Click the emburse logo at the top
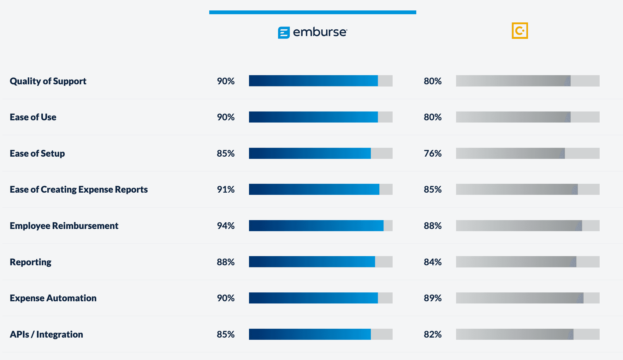tap(312, 32)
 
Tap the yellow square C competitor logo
tap(519, 31)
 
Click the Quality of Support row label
tap(48, 81)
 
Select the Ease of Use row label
tap(33, 117)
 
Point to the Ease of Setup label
tap(37, 153)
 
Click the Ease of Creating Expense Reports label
tap(79, 189)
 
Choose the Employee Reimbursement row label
tap(64, 226)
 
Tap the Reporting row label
tap(31, 262)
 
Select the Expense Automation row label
tap(53, 298)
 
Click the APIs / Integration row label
tap(46, 334)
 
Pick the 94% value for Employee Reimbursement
tap(226, 226)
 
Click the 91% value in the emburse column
tap(226, 189)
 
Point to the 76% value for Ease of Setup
tap(433, 153)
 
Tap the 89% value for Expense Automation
tap(433, 298)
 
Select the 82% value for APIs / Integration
tap(433, 334)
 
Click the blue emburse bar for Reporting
tap(312, 262)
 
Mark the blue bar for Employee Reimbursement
tap(316, 226)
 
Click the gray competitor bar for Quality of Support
tap(513, 81)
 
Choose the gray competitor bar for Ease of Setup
tap(510, 153)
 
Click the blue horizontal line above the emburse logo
tap(312, 12)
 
